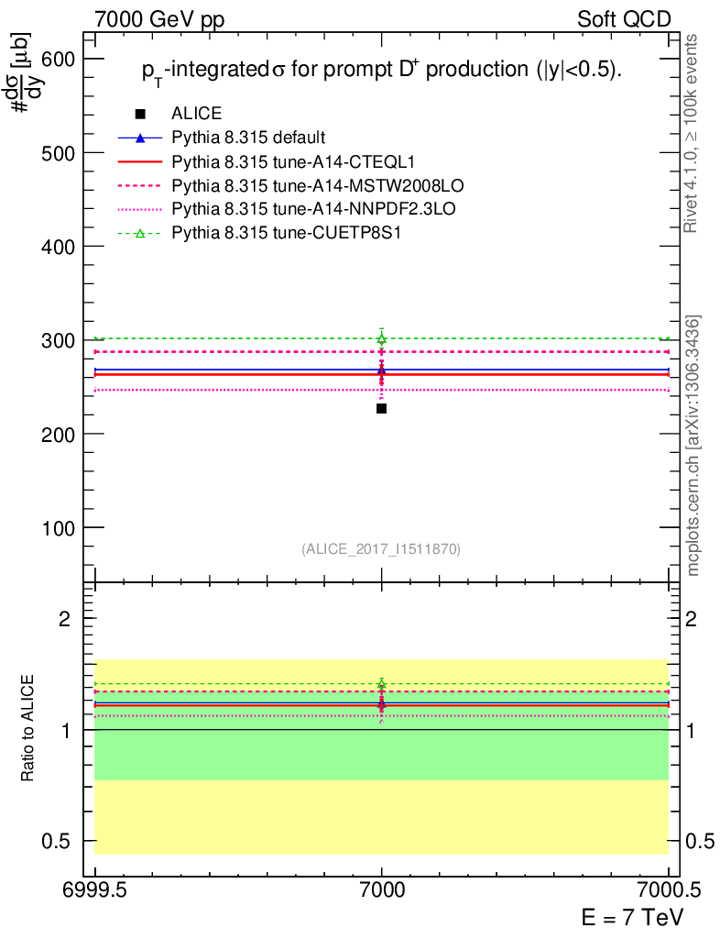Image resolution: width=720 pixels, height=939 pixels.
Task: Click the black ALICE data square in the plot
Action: click(x=381, y=408)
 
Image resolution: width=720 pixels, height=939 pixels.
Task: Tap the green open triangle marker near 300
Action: click(x=381, y=338)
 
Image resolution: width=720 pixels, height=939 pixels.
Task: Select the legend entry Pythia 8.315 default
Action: click(x=248, y=138)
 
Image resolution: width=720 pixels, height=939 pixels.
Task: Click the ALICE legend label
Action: click(x=196, y=114)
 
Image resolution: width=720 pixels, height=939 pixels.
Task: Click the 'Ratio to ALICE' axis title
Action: click(x=29, y=729)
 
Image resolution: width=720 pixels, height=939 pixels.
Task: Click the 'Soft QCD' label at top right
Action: click(x=624, y=18)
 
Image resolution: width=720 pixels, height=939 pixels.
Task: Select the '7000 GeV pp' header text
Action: click(x=159, y=18)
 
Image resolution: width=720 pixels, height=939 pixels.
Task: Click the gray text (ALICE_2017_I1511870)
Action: click(x=381, y=549)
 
